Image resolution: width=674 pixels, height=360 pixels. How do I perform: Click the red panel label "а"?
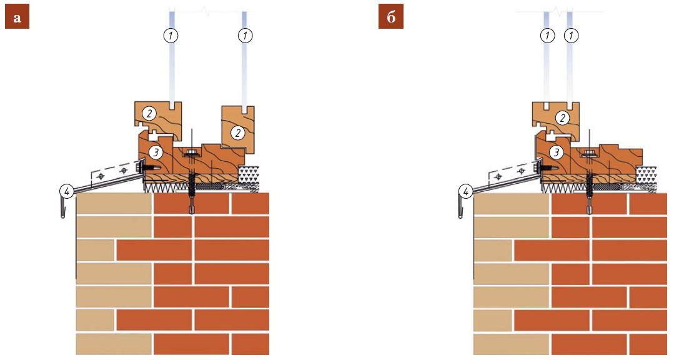(17, 18)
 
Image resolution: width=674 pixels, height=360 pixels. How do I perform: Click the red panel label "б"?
(391, 18)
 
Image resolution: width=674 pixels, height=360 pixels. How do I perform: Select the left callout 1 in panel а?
(171, 36)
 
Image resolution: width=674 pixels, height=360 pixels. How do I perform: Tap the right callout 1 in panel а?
(245, 36)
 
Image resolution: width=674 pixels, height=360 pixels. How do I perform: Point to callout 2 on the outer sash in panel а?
(149, 114)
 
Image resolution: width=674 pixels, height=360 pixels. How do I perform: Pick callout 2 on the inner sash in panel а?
(237, 132)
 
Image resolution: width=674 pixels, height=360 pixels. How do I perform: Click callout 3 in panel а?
(156, 152)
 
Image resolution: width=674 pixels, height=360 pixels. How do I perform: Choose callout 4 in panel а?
(67, 191)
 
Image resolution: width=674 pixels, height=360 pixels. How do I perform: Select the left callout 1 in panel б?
(547, 36)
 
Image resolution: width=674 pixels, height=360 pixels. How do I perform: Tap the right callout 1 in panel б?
(572, 36)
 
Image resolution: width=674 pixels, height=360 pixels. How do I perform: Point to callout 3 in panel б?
(556, 152)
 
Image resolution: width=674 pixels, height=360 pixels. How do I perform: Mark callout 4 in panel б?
(465, 191)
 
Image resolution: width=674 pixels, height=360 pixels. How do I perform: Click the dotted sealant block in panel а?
(249, 174)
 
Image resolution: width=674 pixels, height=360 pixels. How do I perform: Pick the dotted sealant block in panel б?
(647, 174)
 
